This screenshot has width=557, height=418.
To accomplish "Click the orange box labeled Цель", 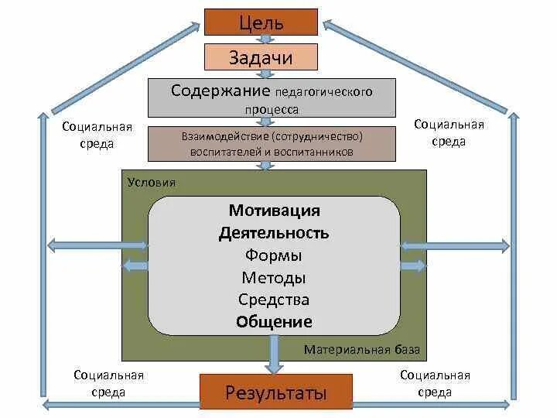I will [x=261, y=22].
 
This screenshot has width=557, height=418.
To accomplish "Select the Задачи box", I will [x=261, y=57].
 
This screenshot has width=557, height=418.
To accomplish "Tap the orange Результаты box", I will [x=275, y=392].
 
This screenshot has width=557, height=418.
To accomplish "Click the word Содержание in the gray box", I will [x=220, y=91].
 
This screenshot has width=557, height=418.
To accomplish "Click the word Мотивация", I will [x=274, y=211].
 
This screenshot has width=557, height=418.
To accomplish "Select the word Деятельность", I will [x=274, y=233].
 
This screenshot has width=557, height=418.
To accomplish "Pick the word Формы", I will [x=274, y=255].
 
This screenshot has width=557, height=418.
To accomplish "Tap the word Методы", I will [x=274, y=278].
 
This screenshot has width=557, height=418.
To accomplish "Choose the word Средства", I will [x=274, y=300].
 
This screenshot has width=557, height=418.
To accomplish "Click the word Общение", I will [x=274, y=322].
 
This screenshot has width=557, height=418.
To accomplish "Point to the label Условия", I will [x=151, y=183].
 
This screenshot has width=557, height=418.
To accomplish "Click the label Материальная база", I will [x=361, y=350].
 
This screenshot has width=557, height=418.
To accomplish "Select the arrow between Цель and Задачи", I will [x=261, y=39].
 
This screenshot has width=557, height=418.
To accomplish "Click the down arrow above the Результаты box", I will [x=275, y=358].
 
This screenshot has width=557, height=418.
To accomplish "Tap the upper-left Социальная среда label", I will [x=97, y=135].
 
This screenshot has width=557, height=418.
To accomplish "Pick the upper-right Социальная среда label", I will [x=449, y=132].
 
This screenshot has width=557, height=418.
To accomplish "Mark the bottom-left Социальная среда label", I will [x=109, y=384].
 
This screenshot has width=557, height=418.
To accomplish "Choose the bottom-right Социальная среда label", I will [x=435, y=384].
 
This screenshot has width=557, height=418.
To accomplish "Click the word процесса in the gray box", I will [x=272, y=110].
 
